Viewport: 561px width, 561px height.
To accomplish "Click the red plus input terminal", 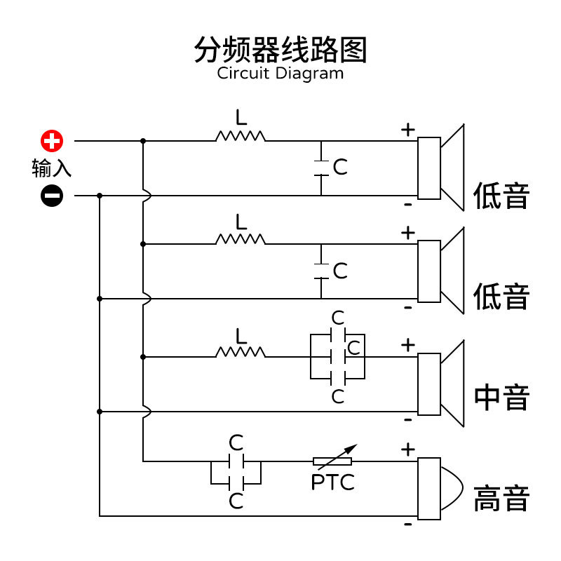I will (x=51, y=141).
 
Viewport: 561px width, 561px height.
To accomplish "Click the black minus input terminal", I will (x=51, y=196).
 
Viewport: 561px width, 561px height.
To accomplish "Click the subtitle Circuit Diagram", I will (x=280, y=73).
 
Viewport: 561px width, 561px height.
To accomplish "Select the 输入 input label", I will (x=51, y=169).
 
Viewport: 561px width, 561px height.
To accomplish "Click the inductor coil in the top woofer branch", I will (x=241, y=136).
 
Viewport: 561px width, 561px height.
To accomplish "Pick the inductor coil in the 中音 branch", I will (x=241, y=352).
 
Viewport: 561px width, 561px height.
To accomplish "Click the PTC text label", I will (x=332, y=482).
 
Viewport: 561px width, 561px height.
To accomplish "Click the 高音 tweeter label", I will (x=501, y=499).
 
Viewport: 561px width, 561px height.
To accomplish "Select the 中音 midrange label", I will (x=501, y=397).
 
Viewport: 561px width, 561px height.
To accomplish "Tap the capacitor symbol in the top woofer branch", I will (x=321, y=168).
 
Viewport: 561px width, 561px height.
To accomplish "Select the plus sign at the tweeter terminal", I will (x=408, y=449).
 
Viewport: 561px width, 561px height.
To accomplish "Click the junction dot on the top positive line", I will (x=143, y=141).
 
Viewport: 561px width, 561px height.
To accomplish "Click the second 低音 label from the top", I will (x=501, y=296).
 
